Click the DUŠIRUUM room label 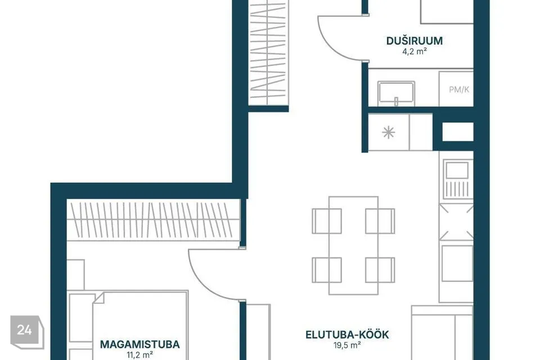coord(415,40)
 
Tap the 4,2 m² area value coord(415,52)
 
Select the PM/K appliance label coord(459,89)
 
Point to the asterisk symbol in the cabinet coord(389,132)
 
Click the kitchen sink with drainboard coord(457,179)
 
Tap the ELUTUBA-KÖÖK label coord(347,335)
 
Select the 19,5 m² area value coord(347,345)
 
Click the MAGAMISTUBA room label coord(140,344)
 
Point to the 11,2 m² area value coord(140,354)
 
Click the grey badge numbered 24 coord(27,331)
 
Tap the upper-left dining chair coord(327,221)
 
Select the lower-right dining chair coord(380,270)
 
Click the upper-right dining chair coord(380,221)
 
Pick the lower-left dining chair coord(327,270)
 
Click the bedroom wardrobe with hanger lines coord(153,220)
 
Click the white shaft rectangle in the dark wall coord(458,132)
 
